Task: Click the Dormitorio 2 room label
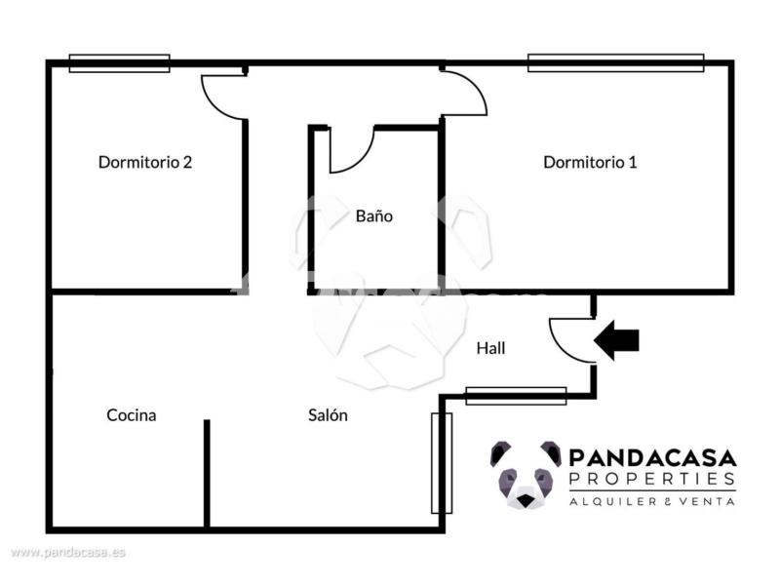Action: [x=145, y=162]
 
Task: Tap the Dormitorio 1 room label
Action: [x=590, y=162]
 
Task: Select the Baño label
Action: [x=374, y=215]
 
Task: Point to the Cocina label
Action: [x=132, y=415]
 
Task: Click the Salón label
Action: [x=328, y=415]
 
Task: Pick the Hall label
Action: [x=491, y=348]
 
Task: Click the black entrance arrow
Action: [x=616, y=340]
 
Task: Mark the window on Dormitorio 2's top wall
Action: [x=119, y=63]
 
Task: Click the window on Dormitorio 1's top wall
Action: [x=616, y=62]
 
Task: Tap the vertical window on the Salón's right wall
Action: [x=442, y=462]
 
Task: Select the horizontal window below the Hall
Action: [x=516, y=396]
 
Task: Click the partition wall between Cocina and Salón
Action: [x=207, y=474]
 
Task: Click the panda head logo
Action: [x=526, y=475]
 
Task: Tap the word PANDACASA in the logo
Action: [x=652, y=457]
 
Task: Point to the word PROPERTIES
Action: [x=652, y=479]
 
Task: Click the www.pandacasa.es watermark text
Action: [x=68, y=552]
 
